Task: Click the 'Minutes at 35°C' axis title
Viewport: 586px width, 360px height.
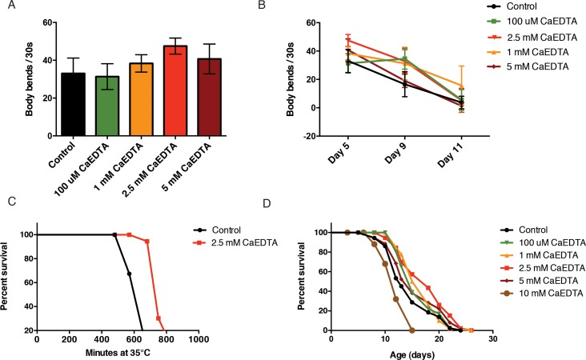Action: (x=118, y=352)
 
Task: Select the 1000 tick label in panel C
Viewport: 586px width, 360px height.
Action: (x=198, y=339)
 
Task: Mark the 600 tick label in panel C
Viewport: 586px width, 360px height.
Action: (x=133, y=339)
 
